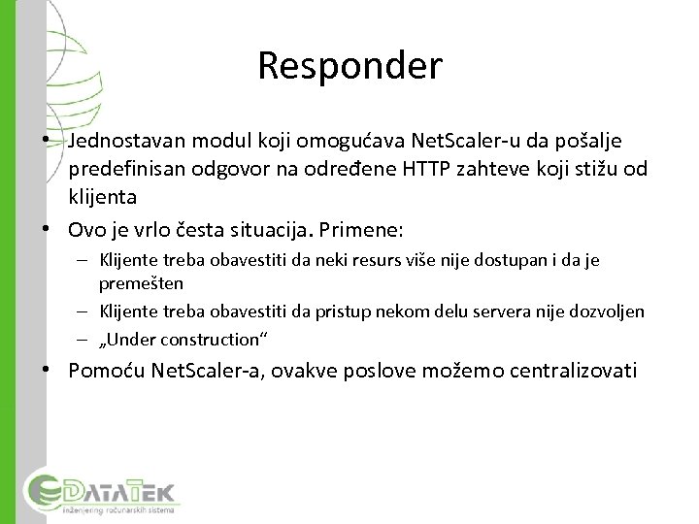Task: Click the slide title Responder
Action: coord(349,66)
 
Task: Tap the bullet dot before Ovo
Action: coord(47,229)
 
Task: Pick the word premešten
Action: coord(142,284)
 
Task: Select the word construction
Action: coord(215,339)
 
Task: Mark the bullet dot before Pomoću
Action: coord(47,369)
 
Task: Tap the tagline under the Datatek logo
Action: coord(118,508)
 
